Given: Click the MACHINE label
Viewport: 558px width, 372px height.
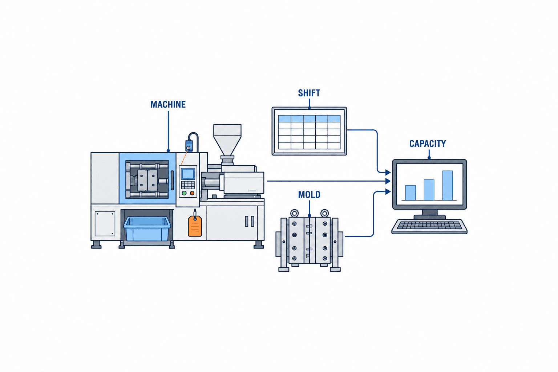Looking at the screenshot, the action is coord(168,104).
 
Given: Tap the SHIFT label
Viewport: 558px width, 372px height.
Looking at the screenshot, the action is coord(309,93).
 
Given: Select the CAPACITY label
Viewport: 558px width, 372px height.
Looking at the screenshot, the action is coord(428,143).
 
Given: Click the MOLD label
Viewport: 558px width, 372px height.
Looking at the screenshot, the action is coord(309,195).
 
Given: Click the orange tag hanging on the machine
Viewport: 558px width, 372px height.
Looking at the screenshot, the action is coord(195,226).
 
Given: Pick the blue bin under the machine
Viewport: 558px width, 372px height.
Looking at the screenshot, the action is coord(147,229).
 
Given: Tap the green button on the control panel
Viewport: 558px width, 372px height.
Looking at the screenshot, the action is coord(184,193).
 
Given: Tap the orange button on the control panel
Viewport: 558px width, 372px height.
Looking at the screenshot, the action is coord(192,193).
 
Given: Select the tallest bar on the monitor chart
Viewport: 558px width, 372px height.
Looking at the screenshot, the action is coord(448,185).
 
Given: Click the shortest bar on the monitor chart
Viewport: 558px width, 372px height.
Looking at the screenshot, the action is coord(410,193).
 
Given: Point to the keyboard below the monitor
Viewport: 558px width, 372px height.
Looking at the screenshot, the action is coord(429,226).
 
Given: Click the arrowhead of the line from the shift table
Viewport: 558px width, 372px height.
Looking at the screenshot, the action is coord(388,172).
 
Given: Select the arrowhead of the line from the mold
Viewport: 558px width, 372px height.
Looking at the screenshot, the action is coord(388,191).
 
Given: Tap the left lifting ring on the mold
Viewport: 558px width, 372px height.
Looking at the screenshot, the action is coord(295,214).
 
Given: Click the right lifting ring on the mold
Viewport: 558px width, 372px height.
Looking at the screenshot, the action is coord(324,214).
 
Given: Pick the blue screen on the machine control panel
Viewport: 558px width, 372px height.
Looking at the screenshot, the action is coord(188,174).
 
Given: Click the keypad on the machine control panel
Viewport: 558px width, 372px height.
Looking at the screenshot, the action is coord(188,185).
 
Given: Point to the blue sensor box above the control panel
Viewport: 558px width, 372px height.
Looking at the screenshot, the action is coord(189,146).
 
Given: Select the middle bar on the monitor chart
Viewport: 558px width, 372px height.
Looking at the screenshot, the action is coord(429,190).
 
